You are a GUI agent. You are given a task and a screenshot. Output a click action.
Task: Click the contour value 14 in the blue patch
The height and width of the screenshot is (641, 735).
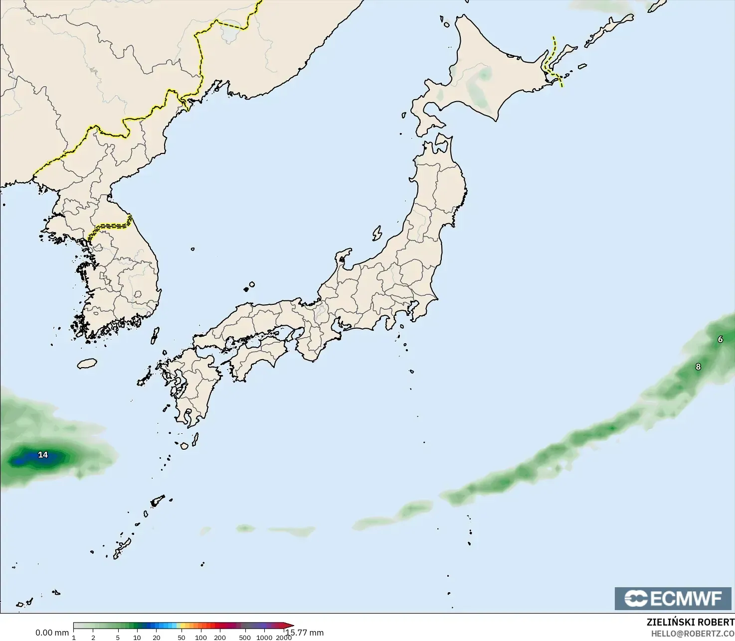pyautogui.click(x=43, y=455)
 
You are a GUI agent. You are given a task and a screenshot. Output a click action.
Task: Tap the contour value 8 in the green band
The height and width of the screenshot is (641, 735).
pyautogui.click(x=698, y=367)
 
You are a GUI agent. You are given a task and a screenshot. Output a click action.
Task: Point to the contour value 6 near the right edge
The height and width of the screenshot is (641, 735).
pyautogui.click(x=720, y=339)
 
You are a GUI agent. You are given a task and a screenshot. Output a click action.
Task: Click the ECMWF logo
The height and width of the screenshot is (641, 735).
pyautogui.click(x=673, y=598)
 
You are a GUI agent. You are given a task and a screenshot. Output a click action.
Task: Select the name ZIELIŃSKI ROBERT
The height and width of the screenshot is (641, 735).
pyautogui.click(x=690, y=622)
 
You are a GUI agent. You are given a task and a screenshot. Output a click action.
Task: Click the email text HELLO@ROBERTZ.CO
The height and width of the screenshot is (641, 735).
pyautogui.click(x=693, y=634)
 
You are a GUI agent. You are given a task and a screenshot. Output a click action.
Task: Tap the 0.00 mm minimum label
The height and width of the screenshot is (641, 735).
pyautogui.click(x=52, y=633)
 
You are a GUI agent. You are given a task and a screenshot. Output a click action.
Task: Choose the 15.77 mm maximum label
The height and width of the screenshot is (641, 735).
pyautogui.click(x=305, y=633)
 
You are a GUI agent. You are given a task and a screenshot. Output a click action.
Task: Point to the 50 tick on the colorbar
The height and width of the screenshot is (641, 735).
pyautogui.click(x=181, y=638)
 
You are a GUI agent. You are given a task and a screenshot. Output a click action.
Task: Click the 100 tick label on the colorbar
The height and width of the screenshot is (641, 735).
pyautogui.click(x=201, y=638)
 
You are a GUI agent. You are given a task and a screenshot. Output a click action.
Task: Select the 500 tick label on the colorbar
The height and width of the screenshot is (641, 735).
pyautogui.click(x=245, y=638)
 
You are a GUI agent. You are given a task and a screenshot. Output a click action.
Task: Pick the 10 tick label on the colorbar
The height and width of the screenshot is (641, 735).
pyautogui.click(x=137, y=638)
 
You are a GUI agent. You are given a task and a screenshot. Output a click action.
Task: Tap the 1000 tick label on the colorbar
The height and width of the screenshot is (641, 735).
pyautogui.click(x=264, y=638)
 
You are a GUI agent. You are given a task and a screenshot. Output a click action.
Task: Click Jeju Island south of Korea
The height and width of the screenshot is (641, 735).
pyautogui.click(x=87, y=364)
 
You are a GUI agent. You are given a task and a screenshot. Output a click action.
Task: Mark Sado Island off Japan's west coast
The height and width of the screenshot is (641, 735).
pyautogui.click(x=377, y=233)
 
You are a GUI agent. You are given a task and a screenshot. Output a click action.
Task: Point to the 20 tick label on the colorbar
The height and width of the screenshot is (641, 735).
pyautogui.click(x=157, y=638)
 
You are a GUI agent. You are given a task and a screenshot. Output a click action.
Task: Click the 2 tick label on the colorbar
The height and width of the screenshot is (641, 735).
pyautogui.click(x=93, y=638)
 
